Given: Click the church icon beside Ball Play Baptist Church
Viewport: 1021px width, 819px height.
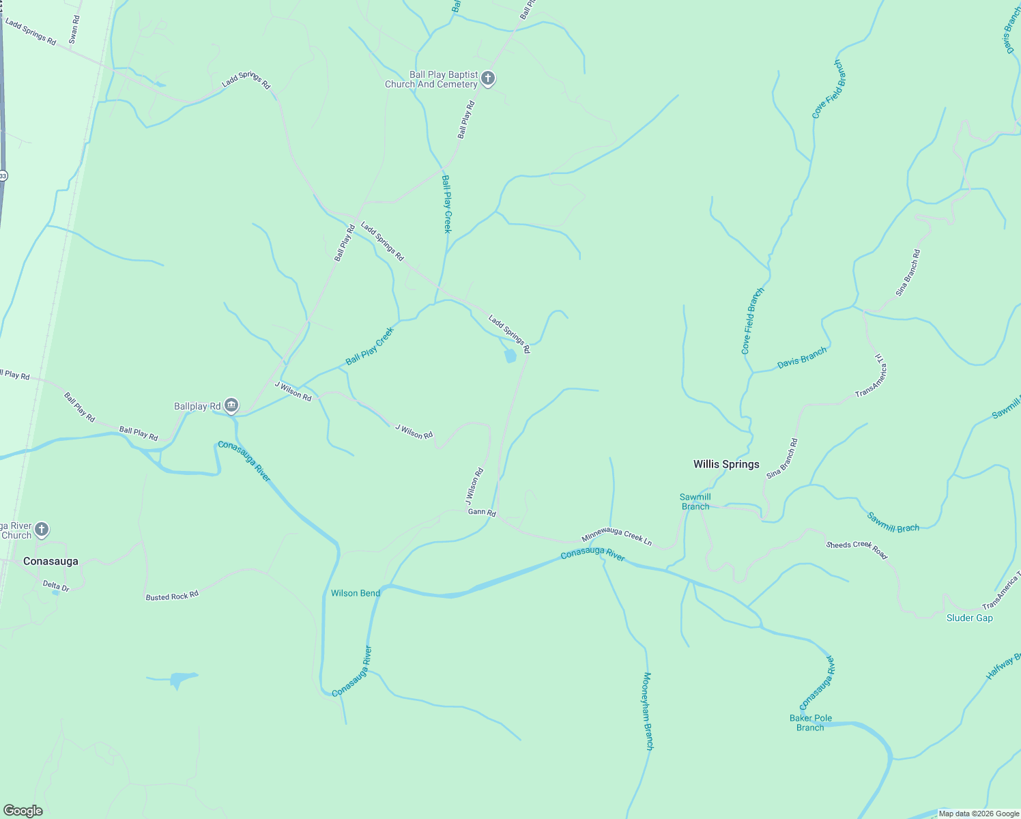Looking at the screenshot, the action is pyautogui.click(x=488, y=78).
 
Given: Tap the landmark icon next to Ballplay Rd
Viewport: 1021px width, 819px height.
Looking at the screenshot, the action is pyautogui.click(x=231, y=406).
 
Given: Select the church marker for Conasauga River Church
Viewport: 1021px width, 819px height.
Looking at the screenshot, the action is pyautogui.click(x=42, y=529).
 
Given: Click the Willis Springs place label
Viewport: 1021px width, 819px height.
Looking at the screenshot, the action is pyautogui.click(x=726, y=464).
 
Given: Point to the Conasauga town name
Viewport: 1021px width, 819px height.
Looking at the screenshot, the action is pyautogui.click(x=51, y=561).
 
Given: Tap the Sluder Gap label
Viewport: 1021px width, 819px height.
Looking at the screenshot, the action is pyautogui.click(x=969, y=618).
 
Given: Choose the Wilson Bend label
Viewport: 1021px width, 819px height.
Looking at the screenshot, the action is pyautogui.click(x=355, y=593).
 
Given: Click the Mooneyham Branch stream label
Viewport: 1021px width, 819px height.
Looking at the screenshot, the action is pyautogui.click(x=648, y=711).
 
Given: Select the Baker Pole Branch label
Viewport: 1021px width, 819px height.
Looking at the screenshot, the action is pyautogui.click(x=810, y=723).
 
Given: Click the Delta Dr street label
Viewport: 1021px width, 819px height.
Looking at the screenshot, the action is pyautogui.click(x=56, y=586).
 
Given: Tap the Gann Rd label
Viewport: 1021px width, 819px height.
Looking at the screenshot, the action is pyautogui.click(x=481, y=512).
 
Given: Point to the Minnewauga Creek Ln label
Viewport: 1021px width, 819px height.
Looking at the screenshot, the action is pyautogui.click(x=616, y=538).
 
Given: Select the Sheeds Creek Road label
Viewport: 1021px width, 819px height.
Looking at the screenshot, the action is pyautogui.click(x=857, y=549).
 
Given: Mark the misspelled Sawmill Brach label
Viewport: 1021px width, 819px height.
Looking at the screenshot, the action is pyautogui.click(x=893, y=522).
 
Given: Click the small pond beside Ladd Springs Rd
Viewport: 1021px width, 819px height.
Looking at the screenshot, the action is pyautogui.click(x=510, y=356).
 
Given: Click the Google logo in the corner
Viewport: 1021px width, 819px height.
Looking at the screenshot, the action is pyautogui.click(x=23, y=811).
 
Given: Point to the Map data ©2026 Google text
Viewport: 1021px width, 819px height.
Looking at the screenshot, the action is pyautogui.click(x=979, y=814).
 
